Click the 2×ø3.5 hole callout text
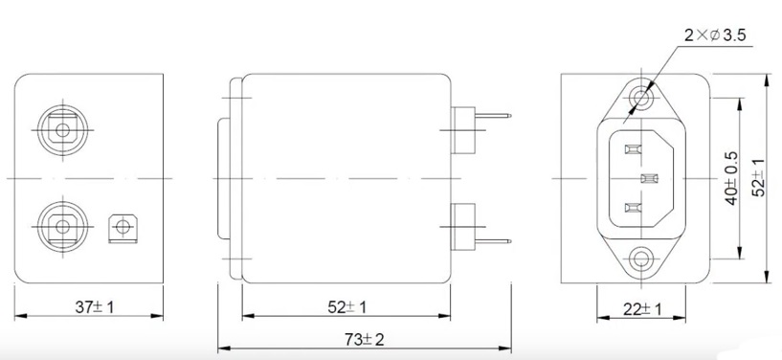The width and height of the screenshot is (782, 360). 715,35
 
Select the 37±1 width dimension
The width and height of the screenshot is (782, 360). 94,307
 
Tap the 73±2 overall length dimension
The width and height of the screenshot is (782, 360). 365,340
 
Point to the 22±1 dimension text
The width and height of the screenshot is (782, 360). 642,309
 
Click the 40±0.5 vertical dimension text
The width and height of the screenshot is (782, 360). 731,178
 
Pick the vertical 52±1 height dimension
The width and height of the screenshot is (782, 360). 759,177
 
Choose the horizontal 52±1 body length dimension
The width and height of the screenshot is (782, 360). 346,307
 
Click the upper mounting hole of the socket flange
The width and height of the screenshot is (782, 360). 641,98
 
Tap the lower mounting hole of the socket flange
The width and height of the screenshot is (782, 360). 641,259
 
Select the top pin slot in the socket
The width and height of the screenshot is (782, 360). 632,149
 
